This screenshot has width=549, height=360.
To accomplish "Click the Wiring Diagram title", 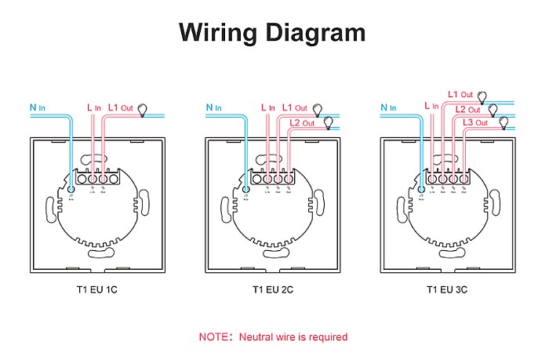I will coord(272,32).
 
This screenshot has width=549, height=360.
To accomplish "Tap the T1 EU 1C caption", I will coord(96,289).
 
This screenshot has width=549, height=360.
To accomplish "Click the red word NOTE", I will coord(213,337).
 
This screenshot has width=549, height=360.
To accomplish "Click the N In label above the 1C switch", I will coord(37,107).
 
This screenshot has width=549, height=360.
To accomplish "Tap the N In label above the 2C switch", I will coord(213,107).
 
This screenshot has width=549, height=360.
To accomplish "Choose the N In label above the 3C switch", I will coord(387,107).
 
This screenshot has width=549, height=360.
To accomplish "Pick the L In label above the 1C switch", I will coord(93,107).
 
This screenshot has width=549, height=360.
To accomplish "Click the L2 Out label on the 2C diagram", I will coord(302,123).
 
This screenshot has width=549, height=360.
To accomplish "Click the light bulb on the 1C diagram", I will coord(143,110).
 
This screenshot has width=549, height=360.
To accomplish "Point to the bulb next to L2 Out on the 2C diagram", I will coord(328,122).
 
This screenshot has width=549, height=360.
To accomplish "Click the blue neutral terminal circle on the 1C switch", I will coord(71,189).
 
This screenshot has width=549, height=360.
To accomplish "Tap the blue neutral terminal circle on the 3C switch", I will coord(420,188).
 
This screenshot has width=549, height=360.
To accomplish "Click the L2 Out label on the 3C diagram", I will coord(467,109).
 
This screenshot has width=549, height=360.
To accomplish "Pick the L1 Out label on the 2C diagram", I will coord(294,107).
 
